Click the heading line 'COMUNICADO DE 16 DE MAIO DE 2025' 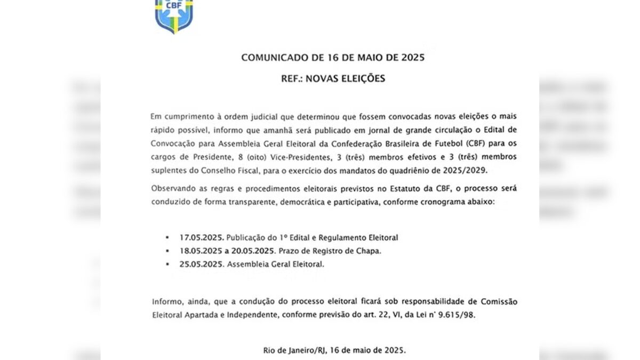(x=333, y=58)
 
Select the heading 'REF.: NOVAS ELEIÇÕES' (x=333, y=78)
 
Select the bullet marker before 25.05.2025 (x=167, y=264)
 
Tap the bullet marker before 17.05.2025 (x=167, y=237)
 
